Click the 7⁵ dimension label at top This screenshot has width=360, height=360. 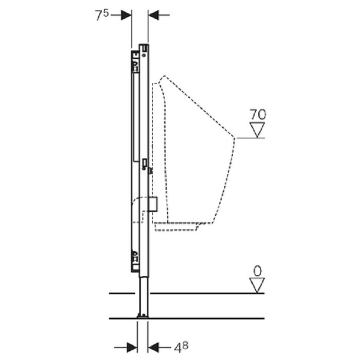tap(102, 15)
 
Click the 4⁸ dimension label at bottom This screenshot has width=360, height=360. tap(181, 347)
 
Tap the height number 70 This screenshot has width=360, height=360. tap(258, 114)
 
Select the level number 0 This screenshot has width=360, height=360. tap(257, 271)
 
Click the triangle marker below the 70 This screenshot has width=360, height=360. tap(257, 130)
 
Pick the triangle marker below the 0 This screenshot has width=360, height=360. tap(257, 285)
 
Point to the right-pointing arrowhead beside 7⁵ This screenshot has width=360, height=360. tap(126, 15)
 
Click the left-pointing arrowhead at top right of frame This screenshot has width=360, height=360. tap(154, 15)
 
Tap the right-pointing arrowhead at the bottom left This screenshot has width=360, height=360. tap(132, 347)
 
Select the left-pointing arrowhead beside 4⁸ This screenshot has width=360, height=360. tap(153, 347)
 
